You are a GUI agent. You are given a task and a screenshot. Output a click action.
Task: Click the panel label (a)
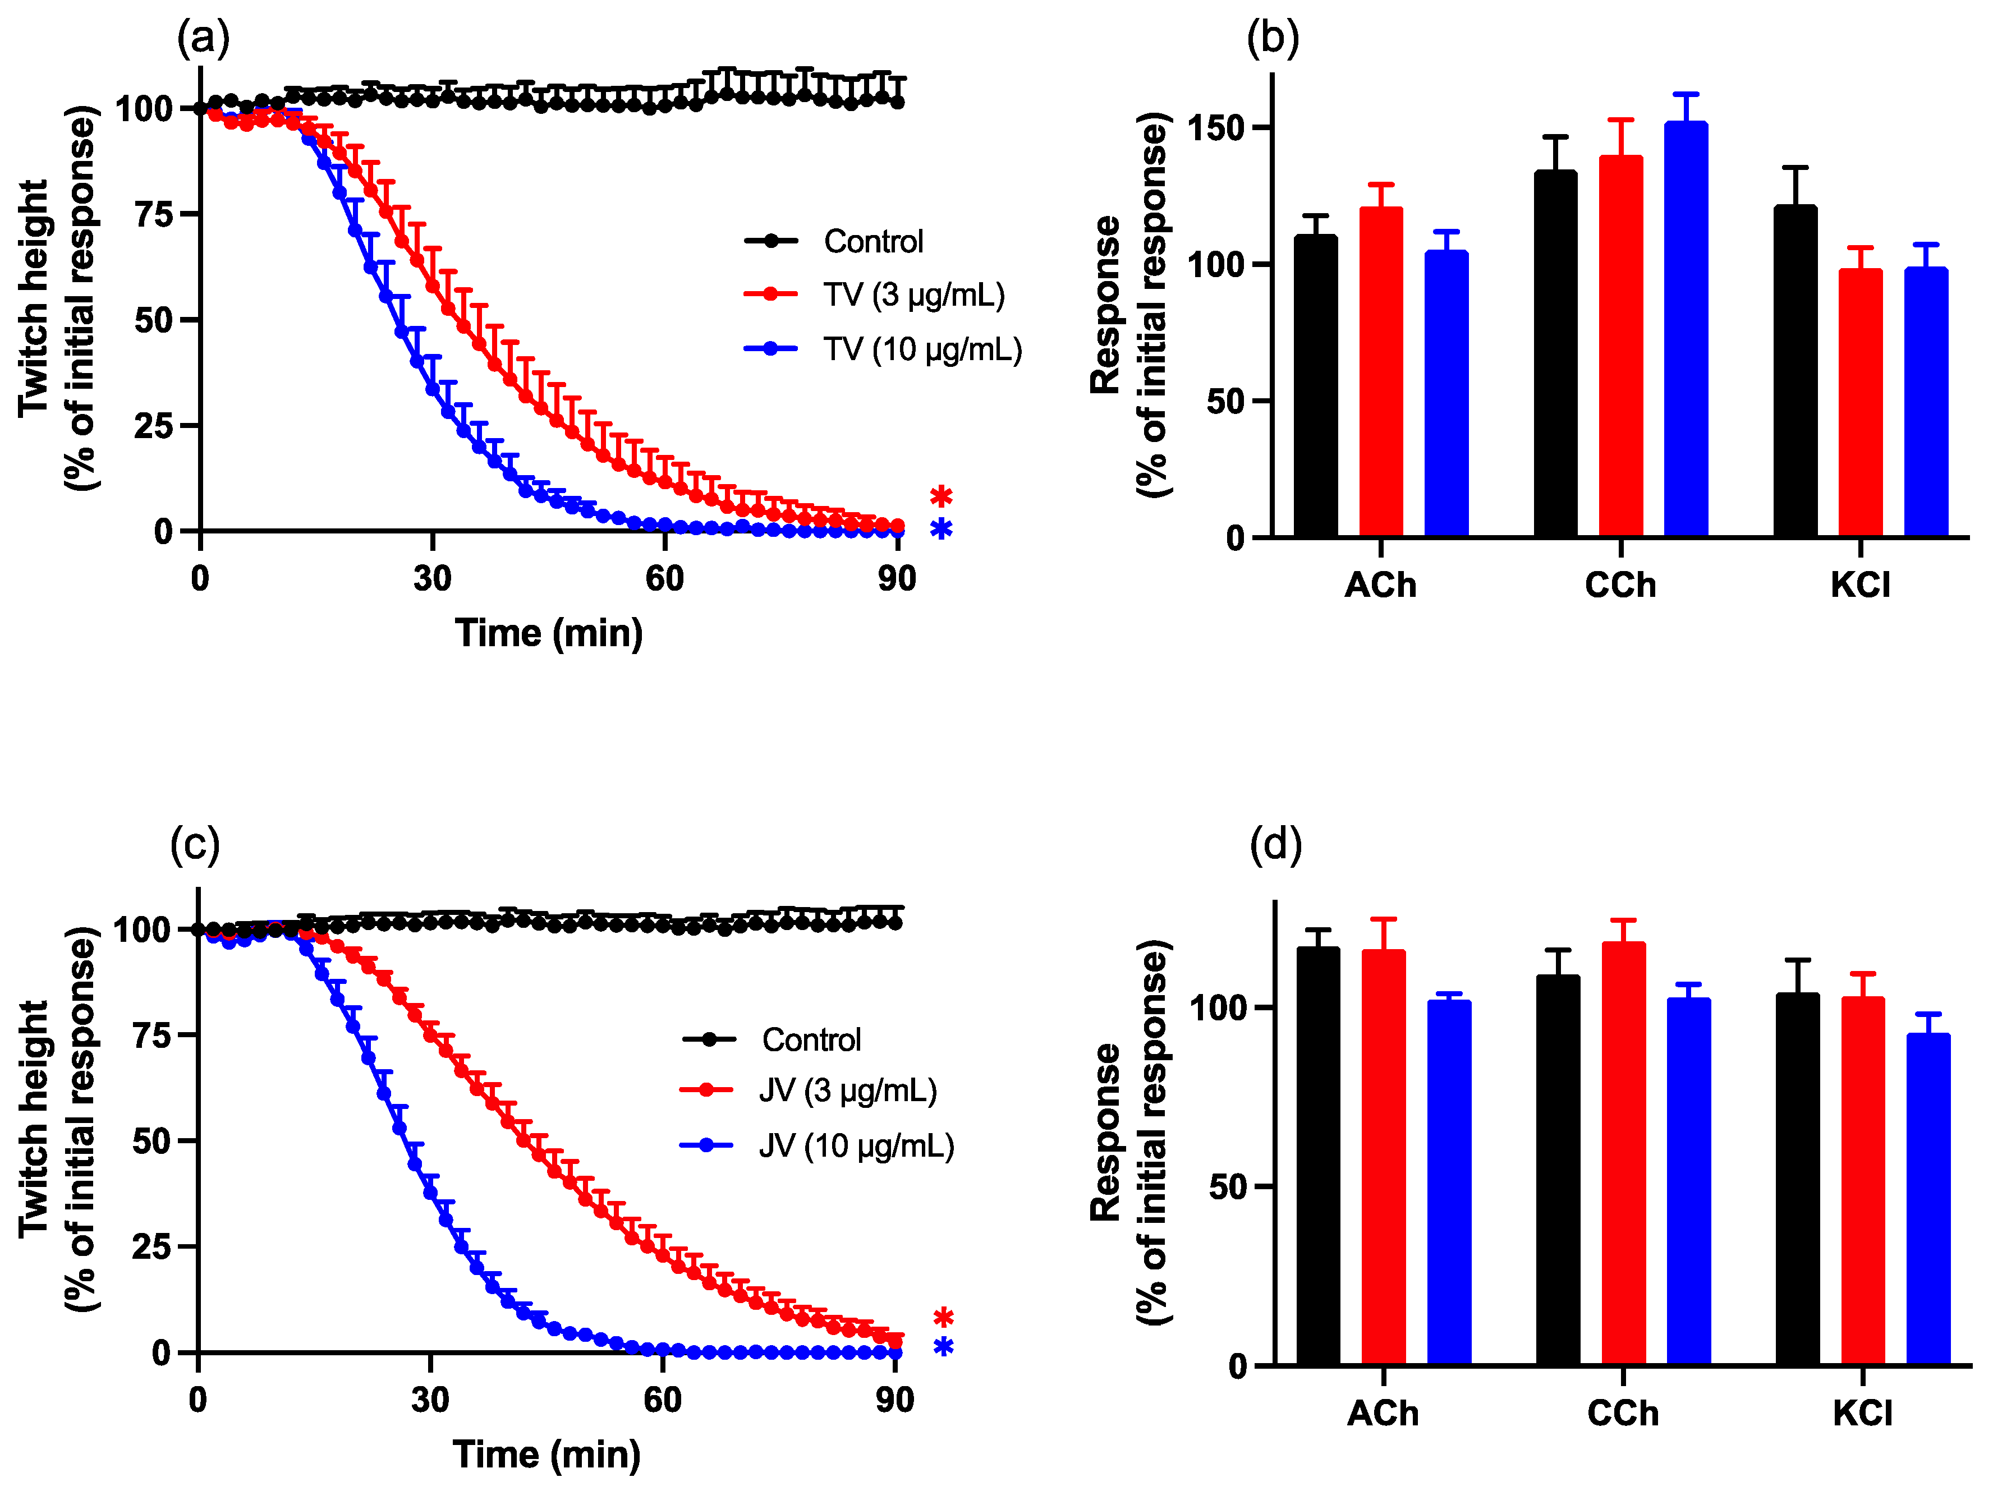[x=204, y=39]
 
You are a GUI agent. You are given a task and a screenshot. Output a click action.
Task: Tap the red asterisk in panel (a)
[x=940, y=496]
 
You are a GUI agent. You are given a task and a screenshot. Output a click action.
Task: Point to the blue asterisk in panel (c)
[x=943, y=1348]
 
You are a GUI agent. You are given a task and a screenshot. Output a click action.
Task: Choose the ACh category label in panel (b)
[x=1380, y=586]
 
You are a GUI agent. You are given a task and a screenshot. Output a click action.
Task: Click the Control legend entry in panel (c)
[x=810, y=1039]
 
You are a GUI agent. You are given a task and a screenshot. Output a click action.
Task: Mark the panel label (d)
[x=1276, y=845]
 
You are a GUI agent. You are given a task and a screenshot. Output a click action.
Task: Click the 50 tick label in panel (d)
[x=1228, y=1186]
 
